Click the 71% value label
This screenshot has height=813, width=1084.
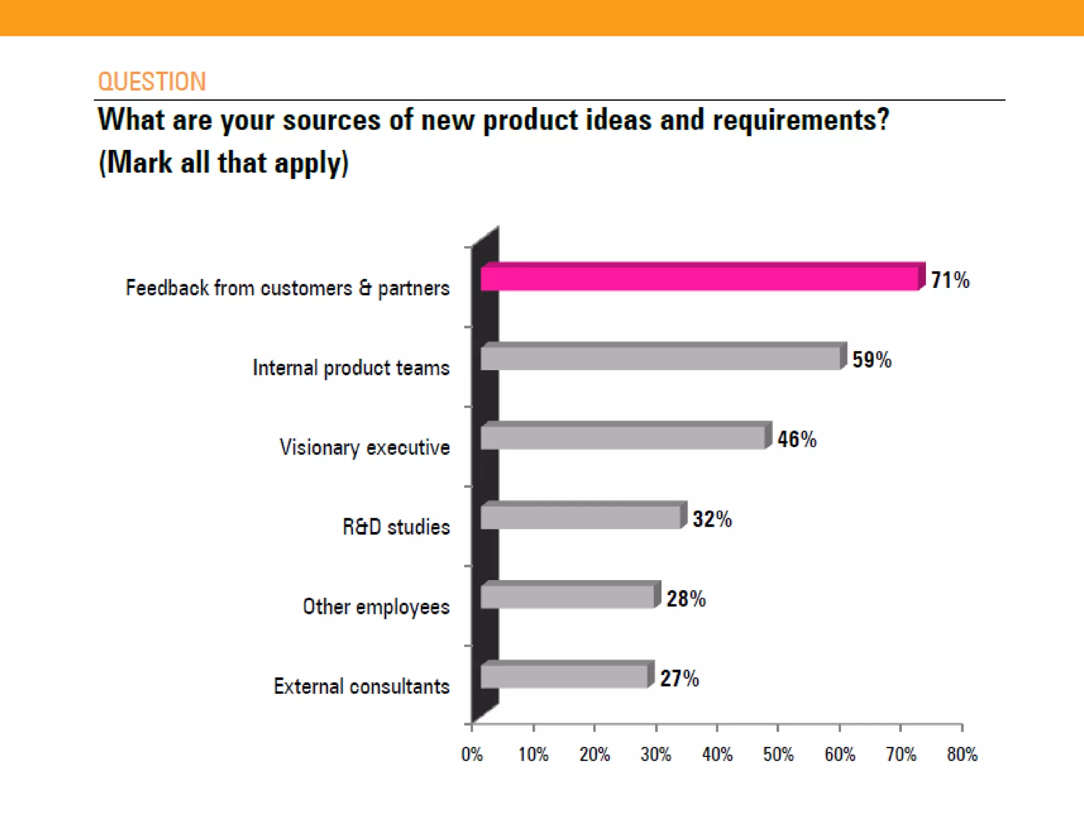pos(950,280)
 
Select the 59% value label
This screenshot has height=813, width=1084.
pos(872,359)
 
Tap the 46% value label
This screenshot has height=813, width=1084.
pos(797,439)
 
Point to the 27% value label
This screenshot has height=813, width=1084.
pos(680,678)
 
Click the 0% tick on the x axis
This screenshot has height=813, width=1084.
pos(472,754)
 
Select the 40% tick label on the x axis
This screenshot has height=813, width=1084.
pos(717,754)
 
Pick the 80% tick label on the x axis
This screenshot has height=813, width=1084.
pos(962,754)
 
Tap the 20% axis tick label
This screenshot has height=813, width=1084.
pos(594,754)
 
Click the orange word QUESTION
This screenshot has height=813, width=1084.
pos(152,82)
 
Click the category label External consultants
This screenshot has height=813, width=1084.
pos(362,686)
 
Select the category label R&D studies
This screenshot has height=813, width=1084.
pos(396,527)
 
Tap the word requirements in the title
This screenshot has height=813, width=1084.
pos(800,120)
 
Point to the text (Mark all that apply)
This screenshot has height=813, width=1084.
pos(223,162)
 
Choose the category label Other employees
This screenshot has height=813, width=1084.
pos(376,607)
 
